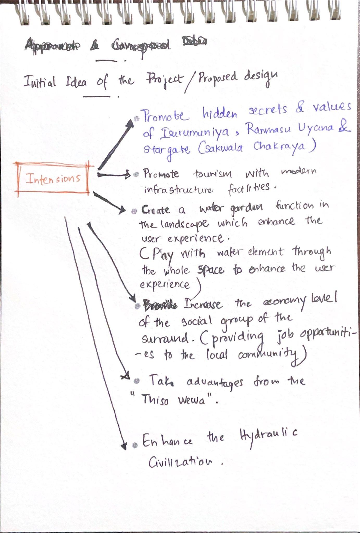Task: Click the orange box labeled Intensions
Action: (x=53, y=179)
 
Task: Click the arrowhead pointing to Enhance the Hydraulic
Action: (x=124, y=446)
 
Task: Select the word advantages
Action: (x=215, y=383)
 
